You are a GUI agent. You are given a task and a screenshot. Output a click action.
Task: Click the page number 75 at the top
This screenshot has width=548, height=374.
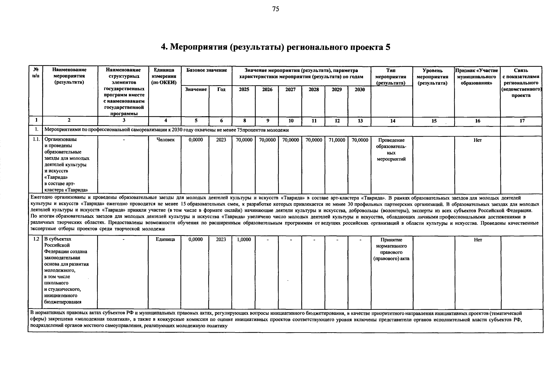coord(276,9)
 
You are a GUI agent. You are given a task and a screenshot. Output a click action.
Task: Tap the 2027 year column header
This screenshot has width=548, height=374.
coord(290,90)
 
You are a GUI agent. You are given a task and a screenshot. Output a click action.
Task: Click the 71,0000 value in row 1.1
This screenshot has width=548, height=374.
coord(337,140)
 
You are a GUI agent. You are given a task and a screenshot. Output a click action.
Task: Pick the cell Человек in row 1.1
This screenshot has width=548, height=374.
coord(165,140)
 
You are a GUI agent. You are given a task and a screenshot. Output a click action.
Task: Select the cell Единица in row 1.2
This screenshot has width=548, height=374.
coord(165,239)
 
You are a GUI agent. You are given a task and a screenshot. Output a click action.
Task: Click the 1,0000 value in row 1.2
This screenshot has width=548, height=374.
coord(244,240)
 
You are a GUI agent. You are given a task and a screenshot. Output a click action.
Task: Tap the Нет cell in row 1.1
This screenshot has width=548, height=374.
coord(478,140)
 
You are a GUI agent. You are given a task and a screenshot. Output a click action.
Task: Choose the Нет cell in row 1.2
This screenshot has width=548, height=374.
coord(478,240)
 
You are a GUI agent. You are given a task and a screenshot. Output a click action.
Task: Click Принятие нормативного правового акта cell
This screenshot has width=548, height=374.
coord(391,249)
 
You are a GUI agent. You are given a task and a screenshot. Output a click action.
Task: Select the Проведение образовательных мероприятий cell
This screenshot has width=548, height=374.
coord(391,150)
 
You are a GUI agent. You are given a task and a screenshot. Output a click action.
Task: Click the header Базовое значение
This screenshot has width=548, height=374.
coord(206,70)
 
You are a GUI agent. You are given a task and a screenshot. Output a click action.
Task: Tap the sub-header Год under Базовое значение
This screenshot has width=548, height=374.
coord(221,90)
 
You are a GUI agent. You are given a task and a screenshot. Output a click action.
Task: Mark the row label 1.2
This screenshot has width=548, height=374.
coord(36,239)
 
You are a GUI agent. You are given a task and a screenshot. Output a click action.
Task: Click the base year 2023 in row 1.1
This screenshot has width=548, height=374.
coord(221,140)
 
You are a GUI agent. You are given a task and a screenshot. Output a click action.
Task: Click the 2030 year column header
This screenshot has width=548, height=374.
coord(360,90)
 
